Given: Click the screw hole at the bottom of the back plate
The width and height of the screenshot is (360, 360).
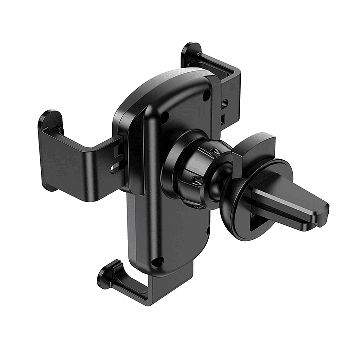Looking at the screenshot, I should coord(157,261).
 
